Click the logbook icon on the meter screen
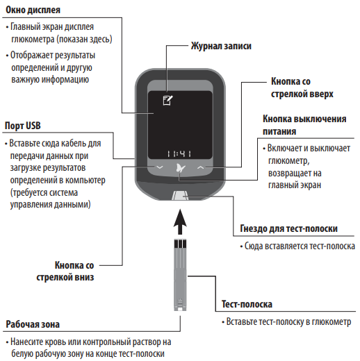(x=167, y=100)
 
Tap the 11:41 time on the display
(x=179, y=153)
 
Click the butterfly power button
(x=181, y=168)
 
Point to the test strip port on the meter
(x=180, y=196)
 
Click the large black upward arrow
(x=180, y=221)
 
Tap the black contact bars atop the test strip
(x=180, y=244)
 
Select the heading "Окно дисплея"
(x=33, y=10)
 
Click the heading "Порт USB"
(x=23, y=126)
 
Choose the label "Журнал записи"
(x=221, y=46)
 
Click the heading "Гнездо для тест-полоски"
(x=288, y=228)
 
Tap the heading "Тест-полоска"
(x=247, y=304)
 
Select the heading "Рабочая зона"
(x=33, y=324)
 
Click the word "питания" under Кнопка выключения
(x=279, y=131)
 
